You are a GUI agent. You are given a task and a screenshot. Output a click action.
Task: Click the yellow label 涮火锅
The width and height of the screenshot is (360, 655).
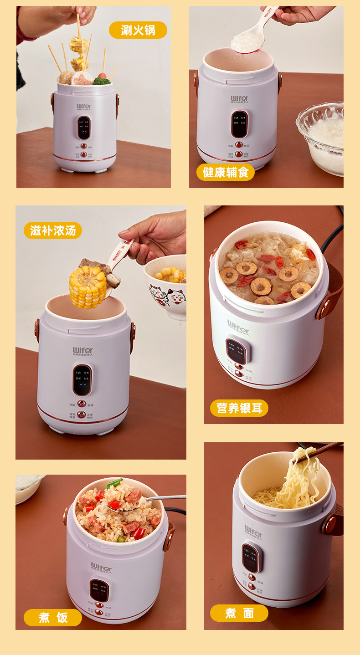coord(138,30)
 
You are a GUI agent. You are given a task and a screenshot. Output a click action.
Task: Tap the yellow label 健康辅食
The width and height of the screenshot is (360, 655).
coord(226,172)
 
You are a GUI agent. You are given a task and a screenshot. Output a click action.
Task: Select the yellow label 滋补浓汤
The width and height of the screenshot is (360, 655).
coord(53,230)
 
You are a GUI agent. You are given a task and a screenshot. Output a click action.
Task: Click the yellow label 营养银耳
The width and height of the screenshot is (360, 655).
coord(239,408)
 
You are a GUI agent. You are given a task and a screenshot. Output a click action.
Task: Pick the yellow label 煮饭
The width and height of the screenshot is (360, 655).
coord(53,618)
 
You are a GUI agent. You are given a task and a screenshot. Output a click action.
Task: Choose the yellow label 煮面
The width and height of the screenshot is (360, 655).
coord(239,613)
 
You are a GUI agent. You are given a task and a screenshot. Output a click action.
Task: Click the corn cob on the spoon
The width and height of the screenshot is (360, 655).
coord(87,287)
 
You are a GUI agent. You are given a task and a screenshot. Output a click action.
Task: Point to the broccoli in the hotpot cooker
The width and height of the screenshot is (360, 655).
coord(102,81)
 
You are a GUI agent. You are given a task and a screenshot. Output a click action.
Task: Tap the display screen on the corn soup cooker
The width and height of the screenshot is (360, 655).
coord(82,379)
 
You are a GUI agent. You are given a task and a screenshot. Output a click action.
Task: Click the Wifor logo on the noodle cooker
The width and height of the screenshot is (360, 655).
coord(253,531)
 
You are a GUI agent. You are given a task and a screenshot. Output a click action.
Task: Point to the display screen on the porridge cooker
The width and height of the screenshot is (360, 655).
coord(239,124)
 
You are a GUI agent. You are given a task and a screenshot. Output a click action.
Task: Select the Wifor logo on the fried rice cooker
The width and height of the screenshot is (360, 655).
coord(101,568)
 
